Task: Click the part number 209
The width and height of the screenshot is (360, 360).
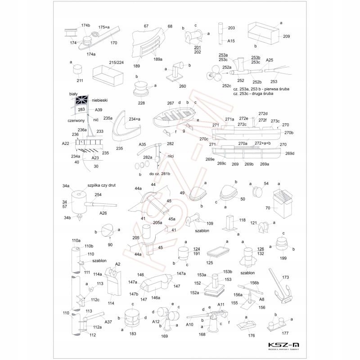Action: coord(287,36)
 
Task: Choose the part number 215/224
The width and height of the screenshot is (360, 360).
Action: coord(116,62)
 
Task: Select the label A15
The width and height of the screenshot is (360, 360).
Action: coord(231,41)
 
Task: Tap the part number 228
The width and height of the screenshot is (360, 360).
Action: coord(142,103)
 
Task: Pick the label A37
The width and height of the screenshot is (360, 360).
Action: coord(108,322)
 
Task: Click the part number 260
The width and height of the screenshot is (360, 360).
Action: coord(182,86)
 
